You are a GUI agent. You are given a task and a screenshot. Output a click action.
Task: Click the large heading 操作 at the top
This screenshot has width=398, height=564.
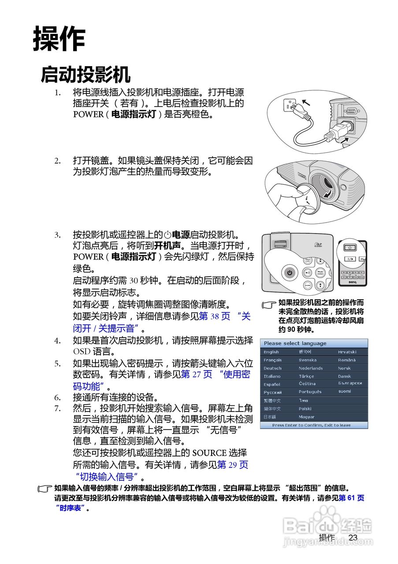pos(59,39)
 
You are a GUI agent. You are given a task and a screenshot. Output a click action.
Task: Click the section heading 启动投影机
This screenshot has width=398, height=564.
pos(86,74)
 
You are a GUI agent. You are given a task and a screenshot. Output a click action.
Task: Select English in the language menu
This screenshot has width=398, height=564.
pos(271,352)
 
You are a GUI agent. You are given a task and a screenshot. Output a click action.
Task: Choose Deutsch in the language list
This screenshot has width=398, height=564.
pos(272,368)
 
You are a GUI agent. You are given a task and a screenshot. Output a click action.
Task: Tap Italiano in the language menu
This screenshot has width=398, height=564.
pos(272,376)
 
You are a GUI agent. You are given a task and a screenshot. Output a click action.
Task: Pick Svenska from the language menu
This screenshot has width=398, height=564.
pos(307,360)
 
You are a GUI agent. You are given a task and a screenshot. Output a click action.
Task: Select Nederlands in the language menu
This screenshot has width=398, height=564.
pos(310,368)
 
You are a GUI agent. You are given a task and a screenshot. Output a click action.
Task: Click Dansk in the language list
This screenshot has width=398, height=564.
pos(345,376)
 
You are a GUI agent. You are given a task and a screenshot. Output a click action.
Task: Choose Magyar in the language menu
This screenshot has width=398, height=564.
pos(306,417)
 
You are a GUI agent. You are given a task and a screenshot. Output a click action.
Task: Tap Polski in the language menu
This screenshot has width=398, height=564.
pos(305,409)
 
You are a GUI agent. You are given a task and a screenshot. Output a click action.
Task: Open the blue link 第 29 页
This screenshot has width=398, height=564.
pos(233,464)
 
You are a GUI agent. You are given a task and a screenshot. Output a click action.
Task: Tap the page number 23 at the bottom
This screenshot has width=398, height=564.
pos(353,538)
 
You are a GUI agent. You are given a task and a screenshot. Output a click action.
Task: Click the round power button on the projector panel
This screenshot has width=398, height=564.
pos(289,273)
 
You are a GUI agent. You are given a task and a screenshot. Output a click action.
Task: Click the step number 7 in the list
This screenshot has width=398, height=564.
pos(57,408)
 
